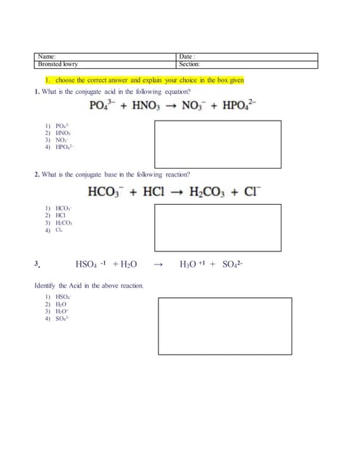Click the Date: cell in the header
(x=247, y=57)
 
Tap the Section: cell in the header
(x=247, y=65)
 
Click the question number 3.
(x=36, y=264)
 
